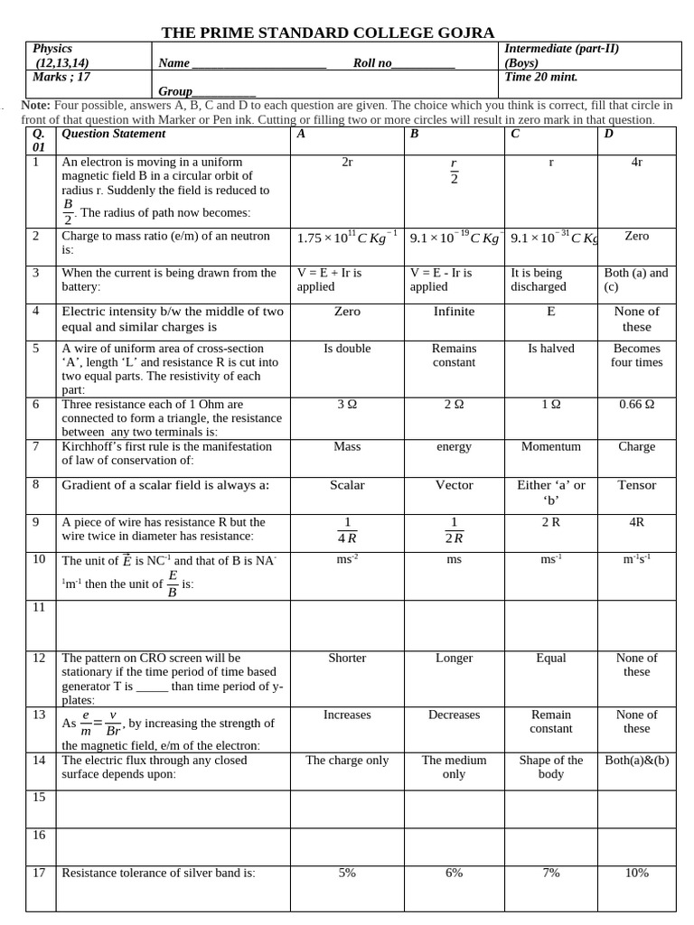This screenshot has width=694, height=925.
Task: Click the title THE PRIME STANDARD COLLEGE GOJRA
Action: click(328, 33)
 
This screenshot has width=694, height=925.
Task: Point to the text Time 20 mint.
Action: click(540, 77)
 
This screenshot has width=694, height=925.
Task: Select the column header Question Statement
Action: click(114, 134)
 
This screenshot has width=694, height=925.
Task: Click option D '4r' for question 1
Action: click(636, 163)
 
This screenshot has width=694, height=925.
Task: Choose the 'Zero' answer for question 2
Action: click(636, 236)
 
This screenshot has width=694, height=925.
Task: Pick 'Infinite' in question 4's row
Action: click(454, 312)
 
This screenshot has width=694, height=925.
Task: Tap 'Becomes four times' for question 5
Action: click(636, 355)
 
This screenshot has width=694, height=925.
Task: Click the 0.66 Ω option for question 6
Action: click(636, 405)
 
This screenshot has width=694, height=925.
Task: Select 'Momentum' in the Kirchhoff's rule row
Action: click(550, 446)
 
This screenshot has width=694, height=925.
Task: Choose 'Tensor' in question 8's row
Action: click(636, 485)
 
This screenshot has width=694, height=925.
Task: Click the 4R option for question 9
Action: click(636, 522)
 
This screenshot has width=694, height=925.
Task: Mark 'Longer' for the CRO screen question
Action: click(454, 659)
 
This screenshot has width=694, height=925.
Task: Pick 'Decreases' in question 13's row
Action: click(454, 715)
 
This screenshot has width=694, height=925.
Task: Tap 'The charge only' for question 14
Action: click(347, 761)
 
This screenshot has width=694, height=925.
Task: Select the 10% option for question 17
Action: click(636, 873)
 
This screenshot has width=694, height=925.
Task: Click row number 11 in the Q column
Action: click(39, 608)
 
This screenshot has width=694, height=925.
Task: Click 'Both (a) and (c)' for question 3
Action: click(636, 279)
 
